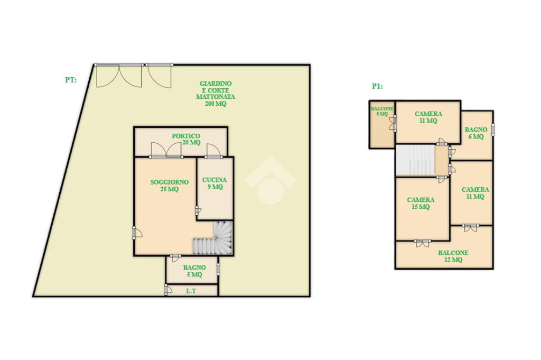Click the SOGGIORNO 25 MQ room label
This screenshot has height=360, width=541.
coord(170,186)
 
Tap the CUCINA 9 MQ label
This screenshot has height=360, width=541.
coord(214,183)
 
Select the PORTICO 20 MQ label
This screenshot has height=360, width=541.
coord(186,139)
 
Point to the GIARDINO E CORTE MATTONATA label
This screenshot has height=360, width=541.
coord(216,94)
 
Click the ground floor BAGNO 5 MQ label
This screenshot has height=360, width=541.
coord(194,271)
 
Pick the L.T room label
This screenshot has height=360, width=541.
coord(191,291)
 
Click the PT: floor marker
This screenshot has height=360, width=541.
coord(71,80)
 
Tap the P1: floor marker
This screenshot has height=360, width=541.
coord(377,86)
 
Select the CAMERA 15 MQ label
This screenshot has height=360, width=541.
coord(421,204)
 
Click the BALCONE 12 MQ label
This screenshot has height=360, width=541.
coord(453,256)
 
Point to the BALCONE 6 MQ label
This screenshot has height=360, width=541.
coord(382,111)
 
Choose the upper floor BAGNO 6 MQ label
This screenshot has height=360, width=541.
coord(476,133)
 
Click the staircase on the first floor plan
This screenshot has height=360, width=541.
coord(415,160)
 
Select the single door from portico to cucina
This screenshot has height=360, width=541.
coord(213,151)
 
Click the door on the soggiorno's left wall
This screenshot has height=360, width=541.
coord(137,233)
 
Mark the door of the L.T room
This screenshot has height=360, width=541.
coord(167,289)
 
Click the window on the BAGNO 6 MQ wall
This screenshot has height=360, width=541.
coord(493,130)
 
